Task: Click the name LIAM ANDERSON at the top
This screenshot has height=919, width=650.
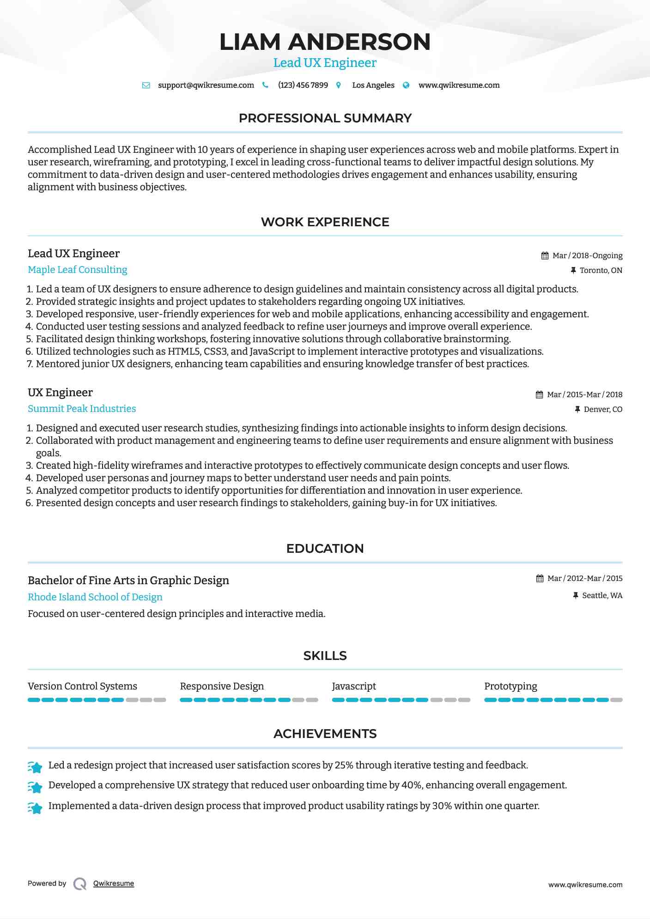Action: pos(325,42)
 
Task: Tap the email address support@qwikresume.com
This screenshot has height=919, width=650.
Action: pos(206,85)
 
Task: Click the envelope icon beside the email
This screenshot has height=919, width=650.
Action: pos(146,85)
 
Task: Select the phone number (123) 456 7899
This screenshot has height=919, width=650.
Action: pos(303,85)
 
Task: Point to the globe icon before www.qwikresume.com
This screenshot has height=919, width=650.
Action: pos(406,85)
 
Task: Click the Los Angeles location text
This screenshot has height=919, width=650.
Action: pos(373,85)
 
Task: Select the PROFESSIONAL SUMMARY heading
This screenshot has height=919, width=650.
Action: pos(325,118)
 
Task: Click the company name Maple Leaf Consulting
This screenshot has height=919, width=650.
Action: pos(78,270)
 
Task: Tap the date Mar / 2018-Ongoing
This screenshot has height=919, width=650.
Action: pos(587,255)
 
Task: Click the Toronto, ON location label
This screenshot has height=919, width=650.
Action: pos(601,270)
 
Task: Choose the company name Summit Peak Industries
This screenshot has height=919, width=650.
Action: pos(82,409)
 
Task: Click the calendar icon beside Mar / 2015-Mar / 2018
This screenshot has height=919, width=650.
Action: pos(539,394)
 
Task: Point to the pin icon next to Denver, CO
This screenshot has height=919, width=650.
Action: pos(577,409)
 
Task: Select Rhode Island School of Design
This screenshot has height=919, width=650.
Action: pos(95,597)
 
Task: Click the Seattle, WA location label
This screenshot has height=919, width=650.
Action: pos(602,595)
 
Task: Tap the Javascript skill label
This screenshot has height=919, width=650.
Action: pos(354,686)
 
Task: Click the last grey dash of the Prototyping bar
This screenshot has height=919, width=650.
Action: pos(616,700)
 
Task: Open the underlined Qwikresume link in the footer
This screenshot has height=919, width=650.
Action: pos(114,883)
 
